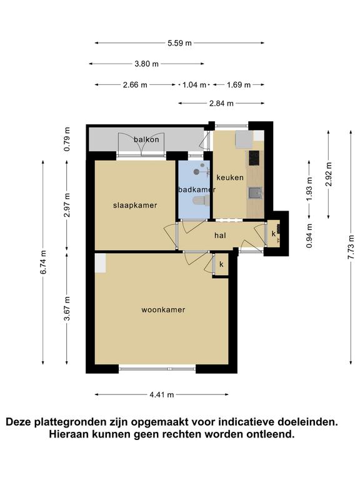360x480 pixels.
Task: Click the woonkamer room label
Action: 163,310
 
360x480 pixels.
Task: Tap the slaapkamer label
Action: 135,206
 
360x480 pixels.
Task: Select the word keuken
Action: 230,177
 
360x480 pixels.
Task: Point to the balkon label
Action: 146,139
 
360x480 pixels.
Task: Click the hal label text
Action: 221,236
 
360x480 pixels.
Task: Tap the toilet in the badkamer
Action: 201,201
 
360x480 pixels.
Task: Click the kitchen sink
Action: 255,193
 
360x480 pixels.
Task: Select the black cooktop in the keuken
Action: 254,158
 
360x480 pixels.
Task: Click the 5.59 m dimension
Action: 179,43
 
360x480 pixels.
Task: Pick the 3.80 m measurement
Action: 147,64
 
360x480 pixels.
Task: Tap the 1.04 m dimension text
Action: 194,85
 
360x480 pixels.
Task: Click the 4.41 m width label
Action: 162,395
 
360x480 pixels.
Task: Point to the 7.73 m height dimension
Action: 351,247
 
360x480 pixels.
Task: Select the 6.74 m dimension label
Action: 43,262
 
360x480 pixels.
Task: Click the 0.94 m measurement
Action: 309,236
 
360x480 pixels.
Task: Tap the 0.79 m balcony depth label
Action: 67,139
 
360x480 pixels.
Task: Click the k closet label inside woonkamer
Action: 221,264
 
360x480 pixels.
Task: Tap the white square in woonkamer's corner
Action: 101,263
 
